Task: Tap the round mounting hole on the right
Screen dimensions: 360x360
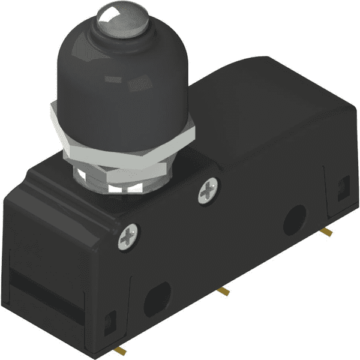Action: click(295, 219)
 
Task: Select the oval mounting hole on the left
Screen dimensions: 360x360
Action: click(157, 295)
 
